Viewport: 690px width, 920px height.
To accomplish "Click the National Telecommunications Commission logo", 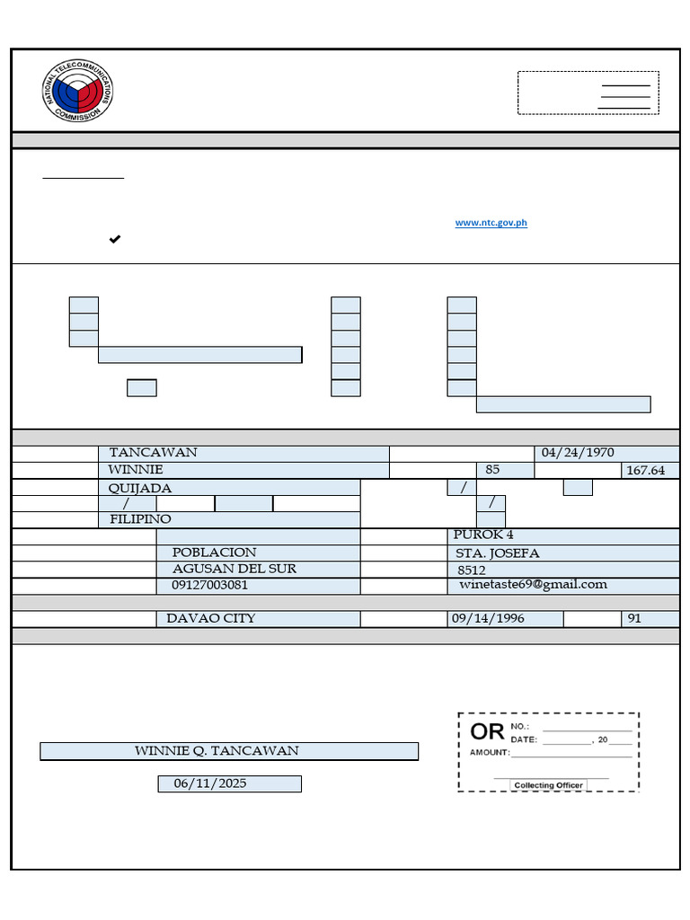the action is [78, 92].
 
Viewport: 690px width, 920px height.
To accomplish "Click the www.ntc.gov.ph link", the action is [491, 223].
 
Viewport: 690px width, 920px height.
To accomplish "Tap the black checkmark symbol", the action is [115, 239].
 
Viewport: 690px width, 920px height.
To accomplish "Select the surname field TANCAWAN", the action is [153, 453].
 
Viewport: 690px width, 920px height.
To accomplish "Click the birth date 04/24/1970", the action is [578, 453].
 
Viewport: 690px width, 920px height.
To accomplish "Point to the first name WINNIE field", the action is [136, 470].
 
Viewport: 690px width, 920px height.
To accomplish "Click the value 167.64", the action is [645, 471].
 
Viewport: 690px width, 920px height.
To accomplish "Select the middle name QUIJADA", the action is [139, 488].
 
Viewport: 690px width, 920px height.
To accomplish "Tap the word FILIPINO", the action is [140, 519].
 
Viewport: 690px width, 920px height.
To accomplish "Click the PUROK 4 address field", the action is [484, 535].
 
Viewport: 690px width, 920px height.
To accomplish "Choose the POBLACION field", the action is [214, 553].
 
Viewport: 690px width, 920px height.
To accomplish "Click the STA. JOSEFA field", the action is [498, 553].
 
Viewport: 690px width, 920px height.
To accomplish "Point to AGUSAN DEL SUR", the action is [234, 569].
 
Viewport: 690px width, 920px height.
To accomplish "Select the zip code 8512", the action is [472, 570].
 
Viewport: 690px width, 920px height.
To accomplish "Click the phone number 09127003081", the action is [209, 585].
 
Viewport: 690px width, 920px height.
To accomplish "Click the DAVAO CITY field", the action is [210, 618].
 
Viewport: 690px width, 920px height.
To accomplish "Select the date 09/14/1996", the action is [488, 619].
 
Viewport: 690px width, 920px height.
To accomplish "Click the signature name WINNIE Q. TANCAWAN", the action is [217, 751].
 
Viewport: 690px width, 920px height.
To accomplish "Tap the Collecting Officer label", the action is [548, 785].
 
